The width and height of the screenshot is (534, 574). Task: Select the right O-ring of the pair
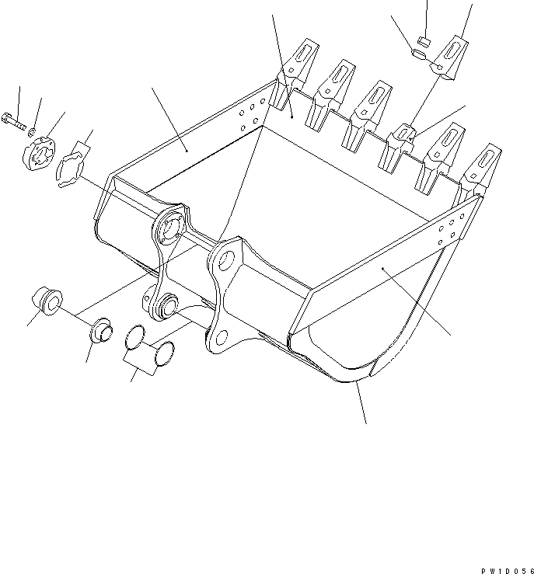click(x=162, y=354)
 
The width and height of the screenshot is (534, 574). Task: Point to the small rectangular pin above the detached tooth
click(x=424, y=40)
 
